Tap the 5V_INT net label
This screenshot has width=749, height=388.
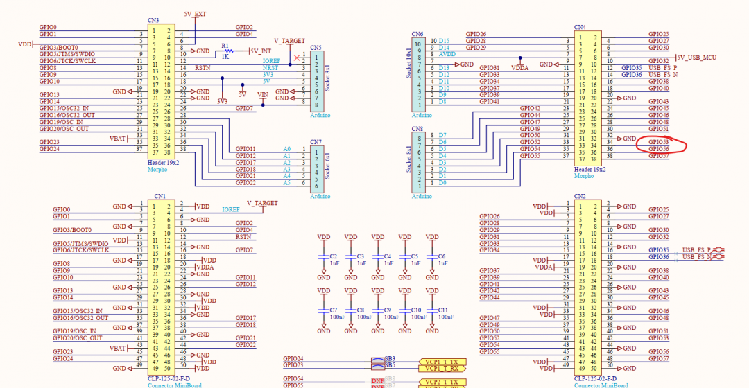260,51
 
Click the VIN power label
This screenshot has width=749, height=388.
263,94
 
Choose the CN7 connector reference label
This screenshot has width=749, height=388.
316,142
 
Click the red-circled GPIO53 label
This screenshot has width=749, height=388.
659,142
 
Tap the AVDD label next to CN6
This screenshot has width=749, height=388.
447,54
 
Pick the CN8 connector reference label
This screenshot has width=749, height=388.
417,129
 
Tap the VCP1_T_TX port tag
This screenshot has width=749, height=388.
442,362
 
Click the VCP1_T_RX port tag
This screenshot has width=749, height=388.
442,369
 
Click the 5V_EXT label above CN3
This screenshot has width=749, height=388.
195,14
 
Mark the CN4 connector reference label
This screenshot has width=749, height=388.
580,28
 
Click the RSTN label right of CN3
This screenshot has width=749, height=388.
203,68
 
